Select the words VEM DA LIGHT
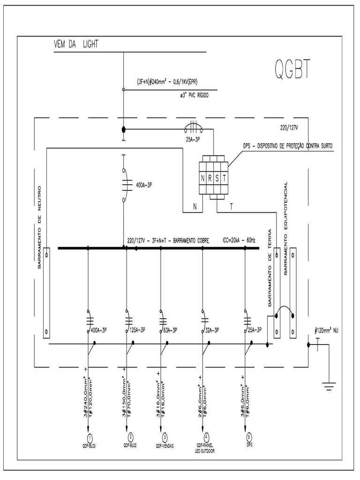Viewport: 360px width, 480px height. pos(76,45)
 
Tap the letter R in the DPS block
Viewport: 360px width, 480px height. pos(210,178)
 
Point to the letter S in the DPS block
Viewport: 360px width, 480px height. pos(217,178)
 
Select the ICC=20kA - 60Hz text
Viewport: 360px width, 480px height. pos(239,241)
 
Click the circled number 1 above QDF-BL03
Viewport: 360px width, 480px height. pos(89,437)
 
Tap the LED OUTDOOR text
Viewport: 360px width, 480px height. pos(204,451)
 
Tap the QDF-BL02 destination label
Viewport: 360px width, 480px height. pos(130,446)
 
